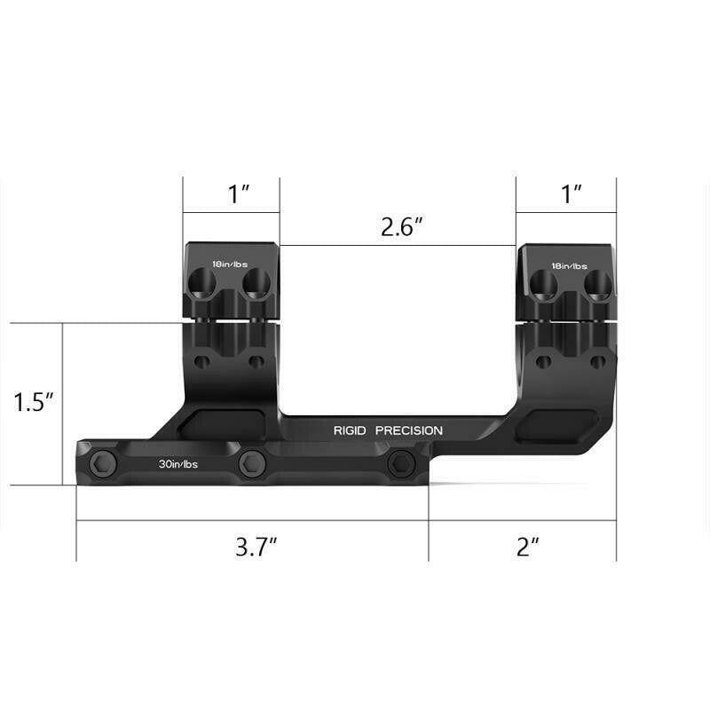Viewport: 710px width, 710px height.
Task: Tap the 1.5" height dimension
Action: click(x=35, y=402)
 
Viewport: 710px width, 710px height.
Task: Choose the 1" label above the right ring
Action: click(x=572, y=194)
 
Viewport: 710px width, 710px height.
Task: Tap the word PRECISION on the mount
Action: click(x=408, y=430)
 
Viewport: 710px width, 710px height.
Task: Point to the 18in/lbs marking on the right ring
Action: click(x=569, y=265)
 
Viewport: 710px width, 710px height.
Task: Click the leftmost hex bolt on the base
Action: click(x=101, y=461)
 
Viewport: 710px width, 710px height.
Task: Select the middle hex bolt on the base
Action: click(x=252, y=461)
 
